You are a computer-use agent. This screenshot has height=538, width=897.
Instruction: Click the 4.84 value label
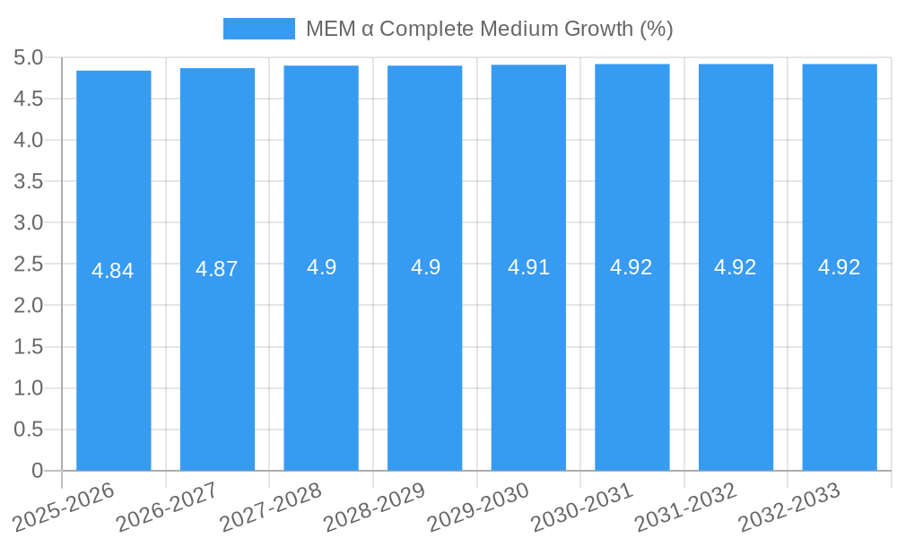(113, 271)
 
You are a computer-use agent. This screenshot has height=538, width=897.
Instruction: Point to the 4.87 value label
(217, 269)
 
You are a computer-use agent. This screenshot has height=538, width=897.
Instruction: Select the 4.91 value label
(528, 267)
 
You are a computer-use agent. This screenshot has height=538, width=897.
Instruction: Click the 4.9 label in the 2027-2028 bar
(321, 267)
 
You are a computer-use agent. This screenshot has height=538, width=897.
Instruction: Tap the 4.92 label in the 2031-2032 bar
(736, 267)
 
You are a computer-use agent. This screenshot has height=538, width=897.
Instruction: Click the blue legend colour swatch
(258, 29)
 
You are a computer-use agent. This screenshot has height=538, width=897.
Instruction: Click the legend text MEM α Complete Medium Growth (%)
(489, 29)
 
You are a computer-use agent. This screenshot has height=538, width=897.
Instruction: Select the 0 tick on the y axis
(37, 471)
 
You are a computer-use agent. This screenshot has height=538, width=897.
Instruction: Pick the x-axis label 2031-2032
(687, 507)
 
